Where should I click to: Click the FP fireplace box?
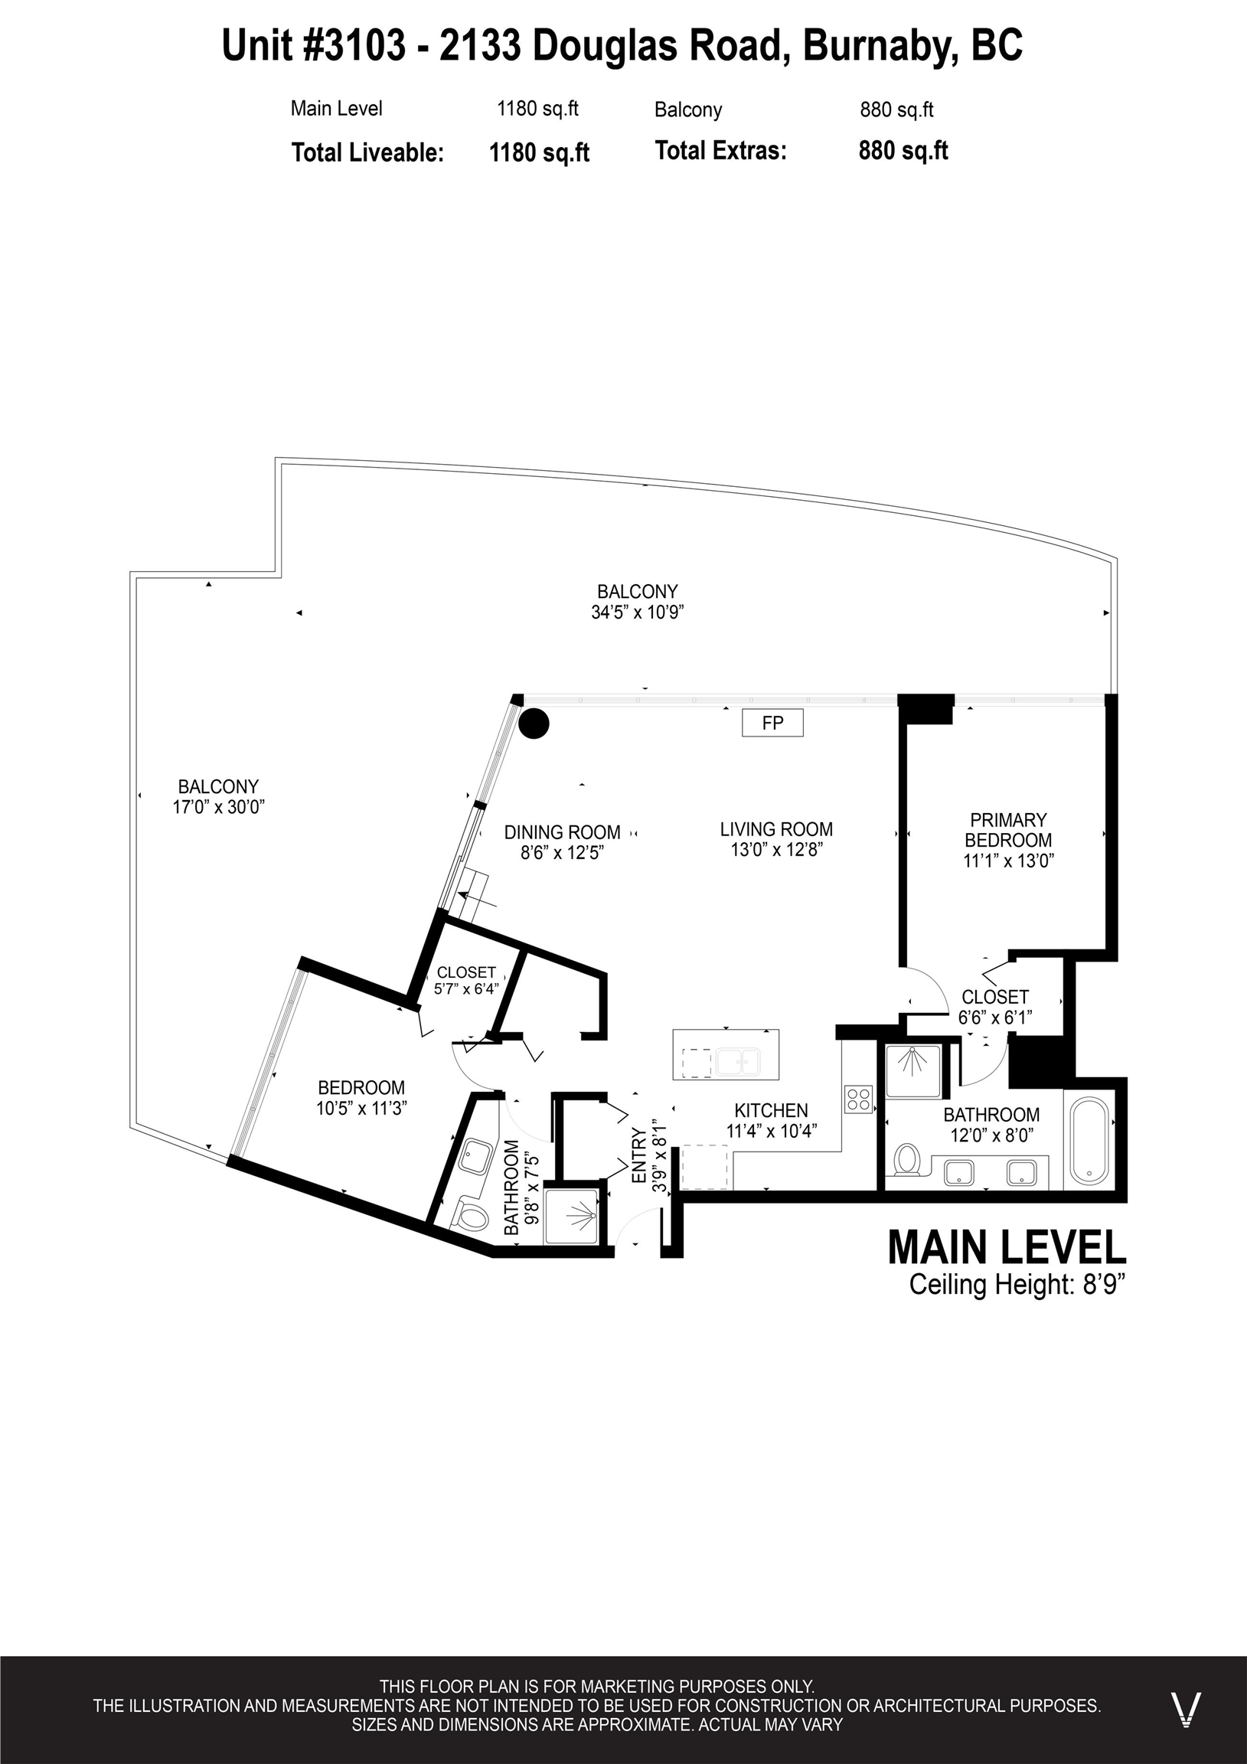pyautogui.click(x=772, y=723)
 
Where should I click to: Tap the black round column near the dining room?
pyautogui.click(x=534, y=724)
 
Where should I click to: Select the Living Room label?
pyautogui.click(x=776, y=830)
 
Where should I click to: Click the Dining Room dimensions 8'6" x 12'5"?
pyautogui.click(x=563, y=853)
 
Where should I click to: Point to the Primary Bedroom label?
pyautogui.click(x=1008, y=830)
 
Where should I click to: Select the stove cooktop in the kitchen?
pyautogui.click(x=858, y=1099)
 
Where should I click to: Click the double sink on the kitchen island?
pyautogui.click(x=738, y=1063)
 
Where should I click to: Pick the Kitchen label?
pyautogui.click(x=771, y=1110)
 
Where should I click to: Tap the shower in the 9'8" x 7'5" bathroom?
pyautogui.click(x=571, y=1217)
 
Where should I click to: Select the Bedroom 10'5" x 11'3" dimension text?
pyautogui.click(x=361, y=1108)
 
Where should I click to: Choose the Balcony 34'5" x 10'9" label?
pyautogui.click(x=638, y=602)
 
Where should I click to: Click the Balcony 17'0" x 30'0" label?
pyautogui.click(x=219, y=797)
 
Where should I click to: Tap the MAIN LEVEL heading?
pyautogui.click(x=1007, y=1247)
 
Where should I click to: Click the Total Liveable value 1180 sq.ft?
pyautogui.click(x=540, y=153)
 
